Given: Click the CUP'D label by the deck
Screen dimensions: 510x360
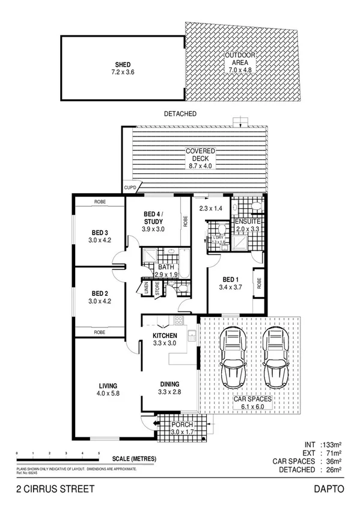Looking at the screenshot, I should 130,188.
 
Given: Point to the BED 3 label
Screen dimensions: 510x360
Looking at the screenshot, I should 100,233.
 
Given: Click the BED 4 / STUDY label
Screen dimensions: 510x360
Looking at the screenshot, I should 154,218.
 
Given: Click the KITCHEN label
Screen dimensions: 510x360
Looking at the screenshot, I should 164,336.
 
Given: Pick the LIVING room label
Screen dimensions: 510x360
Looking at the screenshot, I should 108,386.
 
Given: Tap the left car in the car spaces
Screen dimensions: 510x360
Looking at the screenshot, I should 232,359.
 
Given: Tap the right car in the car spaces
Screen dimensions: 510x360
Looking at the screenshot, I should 274,359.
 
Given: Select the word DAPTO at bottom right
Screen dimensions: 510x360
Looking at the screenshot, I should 332,490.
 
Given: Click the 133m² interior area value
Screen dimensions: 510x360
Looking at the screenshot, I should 332,446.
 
